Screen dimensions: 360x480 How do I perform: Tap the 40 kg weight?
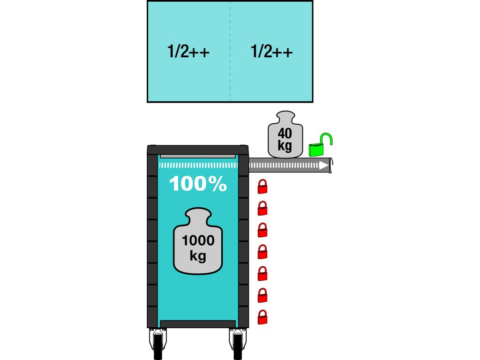tap(285, 135)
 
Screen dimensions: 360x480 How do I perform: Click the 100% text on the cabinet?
tap(198, 184)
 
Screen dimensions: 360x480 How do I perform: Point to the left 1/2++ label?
tap(188, 52)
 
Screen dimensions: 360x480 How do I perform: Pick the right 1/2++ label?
tap(272, 52)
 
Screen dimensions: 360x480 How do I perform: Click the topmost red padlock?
tap(263, 187)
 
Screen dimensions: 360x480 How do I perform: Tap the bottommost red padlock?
tap(263, 317)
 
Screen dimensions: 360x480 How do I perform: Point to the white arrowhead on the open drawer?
tap(322, 165)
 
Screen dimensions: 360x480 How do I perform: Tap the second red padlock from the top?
tap(263, 208)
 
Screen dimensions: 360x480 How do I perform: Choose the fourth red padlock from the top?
tap(263, 252)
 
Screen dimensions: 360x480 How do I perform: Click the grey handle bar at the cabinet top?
tap(198, 157)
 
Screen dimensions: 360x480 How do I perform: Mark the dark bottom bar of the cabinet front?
tap(198, 324)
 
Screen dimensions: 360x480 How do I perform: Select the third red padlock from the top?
tap(263, 230)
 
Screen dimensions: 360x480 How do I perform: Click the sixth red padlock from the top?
tap(263, 295)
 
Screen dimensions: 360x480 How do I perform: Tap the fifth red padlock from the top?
tap(263, 274)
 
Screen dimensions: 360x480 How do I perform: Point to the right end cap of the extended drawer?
tap(331, 165)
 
